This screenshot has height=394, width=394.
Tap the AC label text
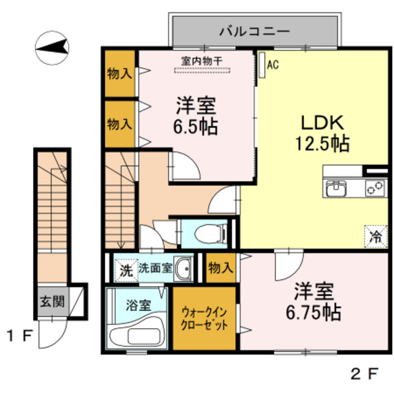[273, 63]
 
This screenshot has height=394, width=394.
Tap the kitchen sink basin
[337, 188]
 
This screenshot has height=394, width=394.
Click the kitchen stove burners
[374, 188]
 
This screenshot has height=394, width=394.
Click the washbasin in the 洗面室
[183, 269]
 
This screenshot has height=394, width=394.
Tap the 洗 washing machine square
[126, 269]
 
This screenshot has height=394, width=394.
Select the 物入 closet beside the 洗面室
[220, 268]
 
